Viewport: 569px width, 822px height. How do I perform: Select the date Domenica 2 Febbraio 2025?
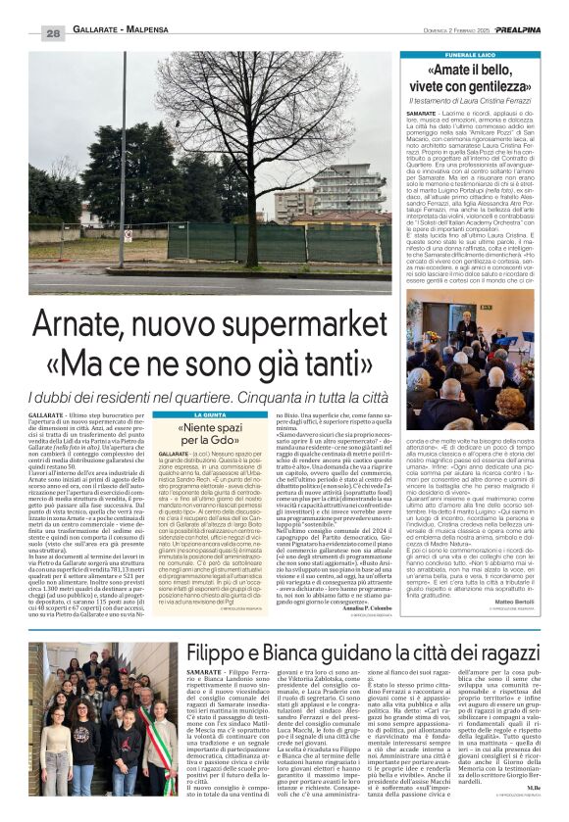(433, 32)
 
